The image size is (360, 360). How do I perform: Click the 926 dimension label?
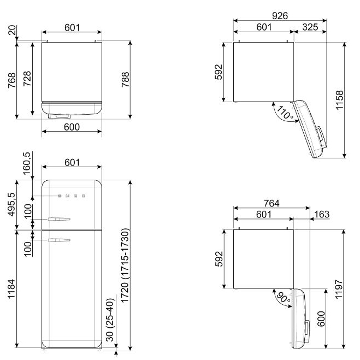pos(280,16)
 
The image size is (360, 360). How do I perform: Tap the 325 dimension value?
pos(310,27)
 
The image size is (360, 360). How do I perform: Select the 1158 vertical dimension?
pos(339,100)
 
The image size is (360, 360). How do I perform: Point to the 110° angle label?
pos(285,113)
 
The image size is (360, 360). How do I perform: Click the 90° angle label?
pos(283,298)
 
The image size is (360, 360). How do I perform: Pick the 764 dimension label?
pos(272,203)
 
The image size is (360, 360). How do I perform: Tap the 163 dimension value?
pos(322,214)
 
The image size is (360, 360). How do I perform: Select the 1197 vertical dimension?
pos(339,289)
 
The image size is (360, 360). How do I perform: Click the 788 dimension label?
pos(125,79)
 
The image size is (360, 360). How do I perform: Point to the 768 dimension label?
pos(11,80)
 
